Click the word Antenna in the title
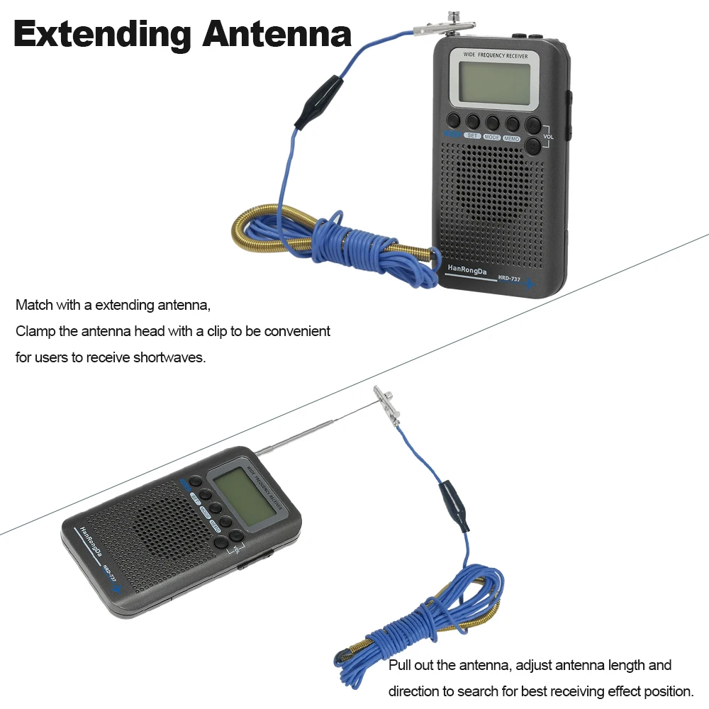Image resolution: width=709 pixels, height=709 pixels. tap(277, 33)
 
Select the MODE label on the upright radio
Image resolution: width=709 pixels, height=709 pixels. tap(492, 137)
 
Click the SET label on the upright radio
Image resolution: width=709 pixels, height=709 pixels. tap(472, 135)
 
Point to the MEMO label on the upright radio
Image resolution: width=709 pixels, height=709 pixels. tap(511, 138)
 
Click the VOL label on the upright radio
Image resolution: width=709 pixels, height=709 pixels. tap(549, 137)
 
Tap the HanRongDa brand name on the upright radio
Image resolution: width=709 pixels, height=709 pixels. tap(467, 269)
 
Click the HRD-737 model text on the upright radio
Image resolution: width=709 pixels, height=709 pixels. tap(509, 278)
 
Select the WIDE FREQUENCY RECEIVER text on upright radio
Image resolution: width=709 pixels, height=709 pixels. tap(496, 55)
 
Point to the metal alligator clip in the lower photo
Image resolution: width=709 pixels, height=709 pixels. tap(387, 406)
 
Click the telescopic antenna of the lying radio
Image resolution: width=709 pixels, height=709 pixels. tap(296, 436)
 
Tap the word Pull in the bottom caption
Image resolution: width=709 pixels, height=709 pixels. tap(399, 665)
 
